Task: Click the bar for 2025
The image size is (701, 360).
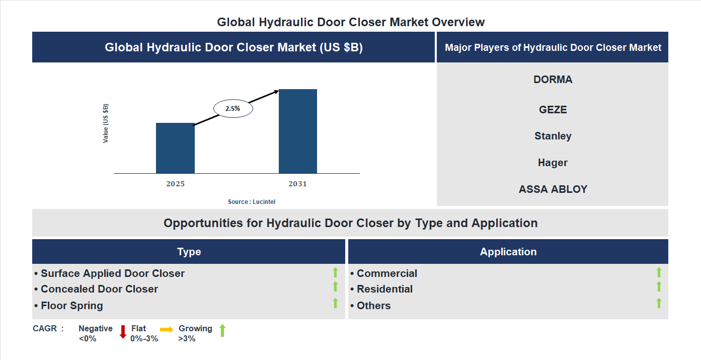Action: click(175, 148)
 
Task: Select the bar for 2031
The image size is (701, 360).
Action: click(298, 131)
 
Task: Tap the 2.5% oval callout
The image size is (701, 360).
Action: click(233, 108)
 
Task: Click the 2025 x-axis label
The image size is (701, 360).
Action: click(175, 184)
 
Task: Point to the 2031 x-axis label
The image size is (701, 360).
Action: click(297, 184)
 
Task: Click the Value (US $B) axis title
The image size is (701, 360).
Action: click(106, 123)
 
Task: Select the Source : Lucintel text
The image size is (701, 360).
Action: click(252, 201)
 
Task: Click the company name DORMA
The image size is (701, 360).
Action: click(553, 80)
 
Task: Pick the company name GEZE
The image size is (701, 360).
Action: click(553, 110)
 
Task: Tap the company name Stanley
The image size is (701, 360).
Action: click(553, 136)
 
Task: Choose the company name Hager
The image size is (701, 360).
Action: click(553, 163)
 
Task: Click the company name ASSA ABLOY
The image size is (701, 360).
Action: click(553, 189)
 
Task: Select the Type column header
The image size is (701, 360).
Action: click(189, 252)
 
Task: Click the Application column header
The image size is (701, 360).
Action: click(508, 252)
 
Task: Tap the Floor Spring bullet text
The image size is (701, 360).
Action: click(71, 306)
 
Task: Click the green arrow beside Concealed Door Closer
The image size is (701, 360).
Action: click(335, 286)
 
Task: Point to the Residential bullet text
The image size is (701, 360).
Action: click(384, 289)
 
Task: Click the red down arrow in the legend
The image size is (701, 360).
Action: click(123, 332)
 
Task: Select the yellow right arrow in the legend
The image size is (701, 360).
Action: click(167, 329)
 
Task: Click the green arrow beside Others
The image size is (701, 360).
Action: click(659, 303)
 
